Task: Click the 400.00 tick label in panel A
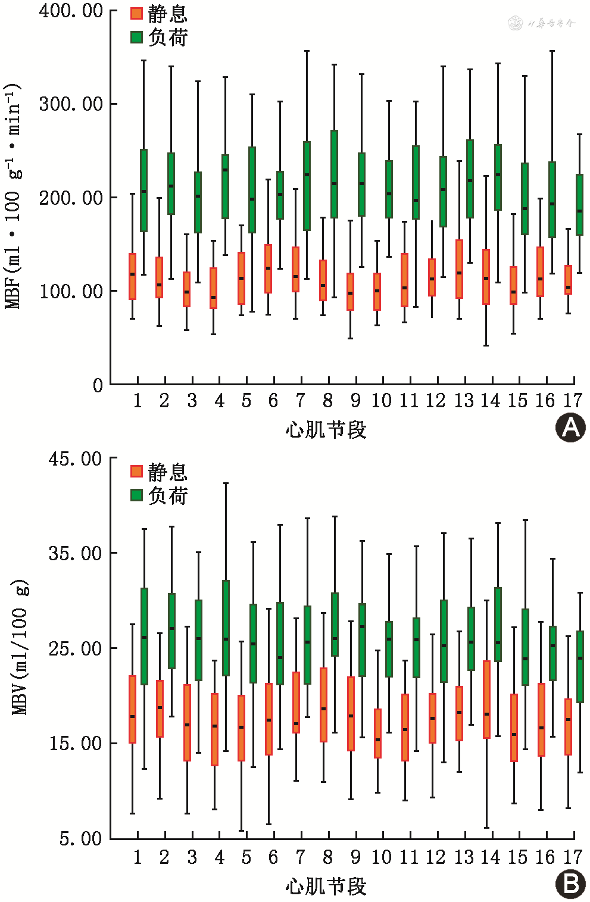(71, 11)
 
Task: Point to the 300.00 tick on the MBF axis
(71, 104)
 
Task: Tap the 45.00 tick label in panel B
(75, 459)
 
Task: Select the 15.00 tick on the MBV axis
(75, 744)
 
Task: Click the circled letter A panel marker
(570, 427)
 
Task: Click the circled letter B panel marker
(570, 884)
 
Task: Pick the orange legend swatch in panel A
(136, 13)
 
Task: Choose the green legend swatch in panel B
(136, 495)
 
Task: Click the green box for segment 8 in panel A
(334, 174)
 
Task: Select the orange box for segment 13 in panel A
(459, 269)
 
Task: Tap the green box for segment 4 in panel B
(226, 628)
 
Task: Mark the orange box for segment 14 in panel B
(486, 700)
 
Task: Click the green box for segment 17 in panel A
(579, 205)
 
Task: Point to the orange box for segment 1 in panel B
(132, 709)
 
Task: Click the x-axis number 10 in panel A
(382, 401)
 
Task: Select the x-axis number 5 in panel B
(246, 858)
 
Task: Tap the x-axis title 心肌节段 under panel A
(326, 430)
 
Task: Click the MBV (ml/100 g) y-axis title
(20, 647)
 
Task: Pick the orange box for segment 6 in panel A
(268, 269)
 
